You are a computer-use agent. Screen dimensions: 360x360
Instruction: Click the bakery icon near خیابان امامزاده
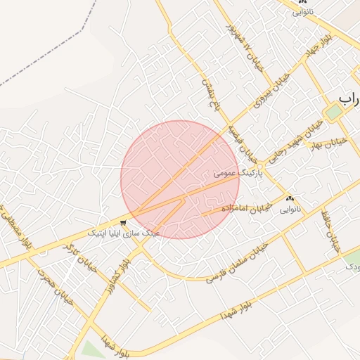coord(290,199)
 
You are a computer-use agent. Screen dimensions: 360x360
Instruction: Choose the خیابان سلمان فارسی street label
coord(237,264)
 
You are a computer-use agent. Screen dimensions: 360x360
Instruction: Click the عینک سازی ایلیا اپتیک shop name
coord(124,231)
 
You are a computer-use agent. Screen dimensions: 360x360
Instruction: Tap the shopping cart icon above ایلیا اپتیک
coord(124,222)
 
